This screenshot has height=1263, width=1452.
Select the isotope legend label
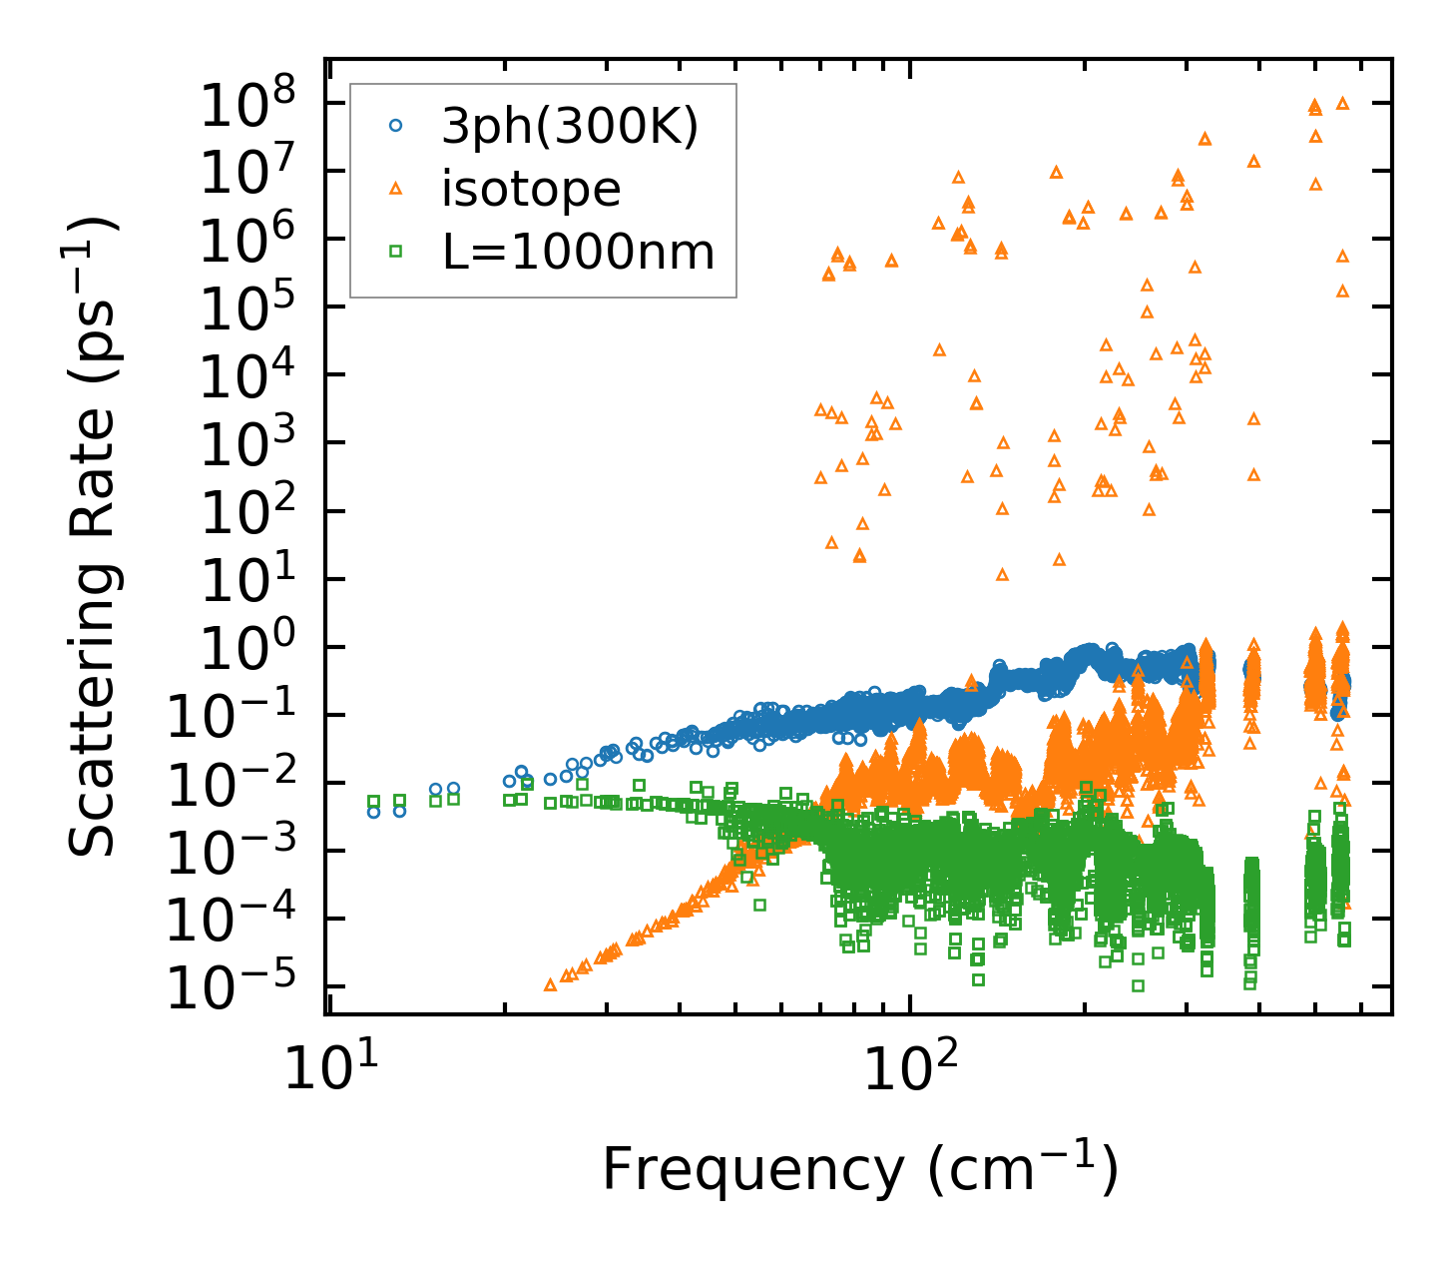(531, 190)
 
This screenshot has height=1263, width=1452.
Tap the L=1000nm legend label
(579, 253)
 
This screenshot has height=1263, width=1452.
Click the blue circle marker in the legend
(395, 126)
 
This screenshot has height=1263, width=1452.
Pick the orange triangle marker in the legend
(395, 188)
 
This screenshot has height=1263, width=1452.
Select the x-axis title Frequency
(859, 1170)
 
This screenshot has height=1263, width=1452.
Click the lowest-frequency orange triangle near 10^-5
(550, 984)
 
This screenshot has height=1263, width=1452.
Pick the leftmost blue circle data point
(374, 812)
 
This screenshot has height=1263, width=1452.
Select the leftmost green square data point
(374, 801)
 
